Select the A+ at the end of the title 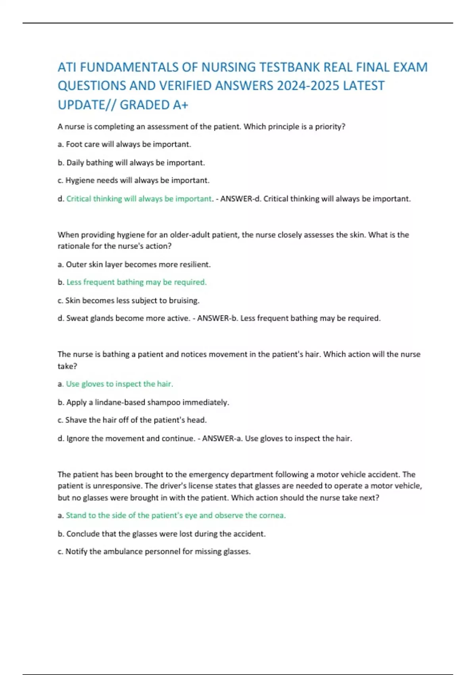pyautogui.click(x=180, y=105)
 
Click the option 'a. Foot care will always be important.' pyautogui.click(x=124, y=145)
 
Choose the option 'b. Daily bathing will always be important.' pyautogui.click(x=131, y=163)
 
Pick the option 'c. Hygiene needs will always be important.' pyautogui.click(x=133, y=181)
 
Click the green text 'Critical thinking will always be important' pyautogui.click(x=139, y=199)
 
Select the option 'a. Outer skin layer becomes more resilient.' pyautogui.click(x=134, y=264)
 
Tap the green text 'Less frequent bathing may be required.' pyautogui.click(x=136, y=282)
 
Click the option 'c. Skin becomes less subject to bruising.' pyautogui.click(x=129, y=301)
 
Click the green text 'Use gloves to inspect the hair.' pyautogui.click(x=119, y=384)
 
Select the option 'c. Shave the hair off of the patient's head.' pyautogui.click(x=132, y=420)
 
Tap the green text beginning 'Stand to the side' pyautogui.click(x=176, y=515)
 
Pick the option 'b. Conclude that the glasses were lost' pyautogui.click(x=161, y=534)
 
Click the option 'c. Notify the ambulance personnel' pyautogui.click(x=154, y=552)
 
